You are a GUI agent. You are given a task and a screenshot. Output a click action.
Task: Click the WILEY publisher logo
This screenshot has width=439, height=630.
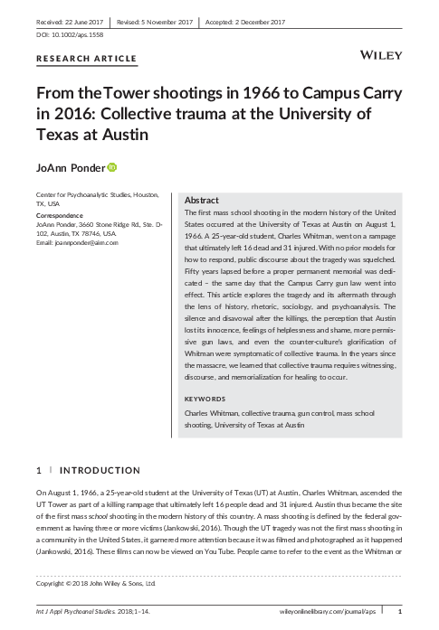click(x=383, y=55)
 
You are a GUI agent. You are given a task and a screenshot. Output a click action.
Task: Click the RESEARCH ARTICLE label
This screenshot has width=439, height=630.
click(x=86, y=59)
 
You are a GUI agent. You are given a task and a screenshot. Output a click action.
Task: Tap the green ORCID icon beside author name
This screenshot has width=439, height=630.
click(x=113, y=166)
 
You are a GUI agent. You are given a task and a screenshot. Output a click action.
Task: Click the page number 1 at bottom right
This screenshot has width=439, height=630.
click(x=398, y=612)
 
